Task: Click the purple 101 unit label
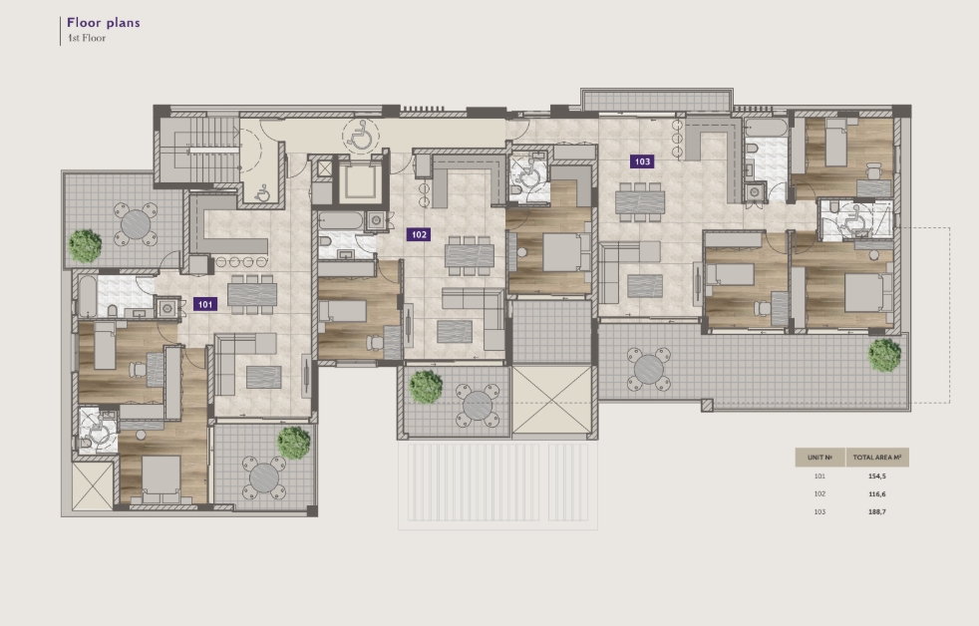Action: [205, 304]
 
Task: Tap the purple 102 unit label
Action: [419, 234]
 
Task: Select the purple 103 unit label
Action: [642, 161]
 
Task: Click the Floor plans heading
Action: [104, 23]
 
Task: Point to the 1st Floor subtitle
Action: [87, 38]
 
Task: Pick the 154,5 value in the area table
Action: [876, 476]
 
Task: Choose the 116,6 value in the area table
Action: [876, 494]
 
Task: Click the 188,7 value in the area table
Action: [876, 511]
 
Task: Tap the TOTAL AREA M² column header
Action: [877, 458]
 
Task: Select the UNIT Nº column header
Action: [819, 458]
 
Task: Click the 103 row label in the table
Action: [819, 511]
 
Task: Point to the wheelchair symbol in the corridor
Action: [361, 136]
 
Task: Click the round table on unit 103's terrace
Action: [649, 370]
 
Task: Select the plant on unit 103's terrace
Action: [884, 355]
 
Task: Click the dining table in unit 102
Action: [470, 255]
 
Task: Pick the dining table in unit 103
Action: [640, 202]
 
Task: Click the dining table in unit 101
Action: [252, 294]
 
